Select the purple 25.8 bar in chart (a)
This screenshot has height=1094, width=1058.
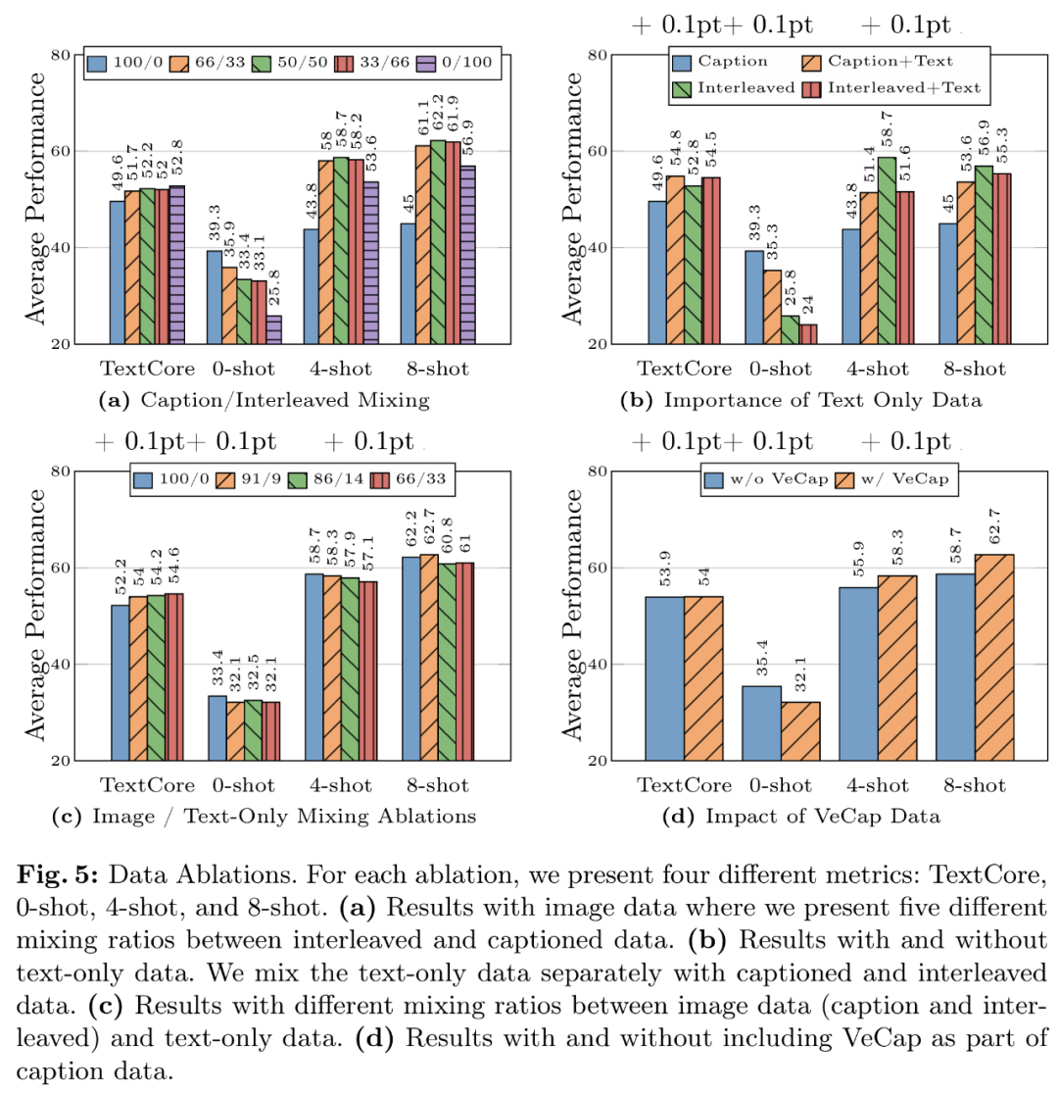pyautogui.click(x=273, y=329)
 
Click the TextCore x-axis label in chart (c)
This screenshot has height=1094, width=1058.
pyautogui.click(x=147, y=786)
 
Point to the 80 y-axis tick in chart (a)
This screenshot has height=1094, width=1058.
pyautogui.click(x=60, y=55)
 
